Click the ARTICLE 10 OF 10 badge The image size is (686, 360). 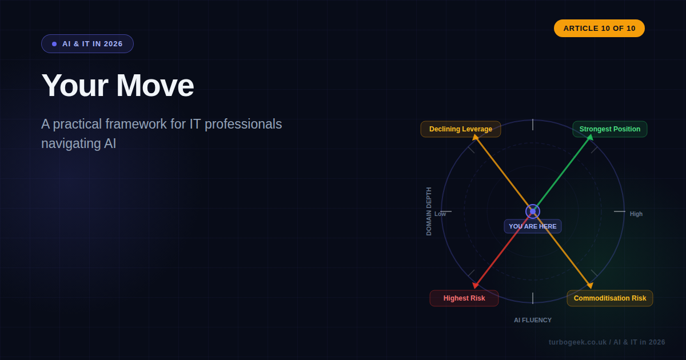tap(599, 29)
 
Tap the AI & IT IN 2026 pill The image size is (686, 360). tap(87, 44)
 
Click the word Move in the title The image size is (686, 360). tap(155, 86)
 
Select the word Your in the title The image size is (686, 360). tap(75, 86)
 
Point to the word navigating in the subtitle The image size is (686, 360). tap(71, 143)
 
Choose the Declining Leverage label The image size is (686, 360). tap(460, 129)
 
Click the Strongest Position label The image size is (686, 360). tap(609, 129)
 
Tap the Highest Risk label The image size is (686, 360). tap(464, 298)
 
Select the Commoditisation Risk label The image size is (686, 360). tap(609, 298)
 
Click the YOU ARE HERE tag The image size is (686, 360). tap(532, 226)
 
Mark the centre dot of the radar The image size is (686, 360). tap(533, 211)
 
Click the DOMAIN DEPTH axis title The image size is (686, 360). tap(429, 211)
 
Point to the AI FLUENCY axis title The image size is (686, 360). tap(533, 320)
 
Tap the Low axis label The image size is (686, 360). tap(440, 214)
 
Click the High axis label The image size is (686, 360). tap(636, 214)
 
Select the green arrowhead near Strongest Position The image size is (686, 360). tap(590, 138)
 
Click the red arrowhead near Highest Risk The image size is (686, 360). tap(475, 285)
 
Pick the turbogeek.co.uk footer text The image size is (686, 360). tap(607, 342)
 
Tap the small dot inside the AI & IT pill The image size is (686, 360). tap(54, 44)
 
